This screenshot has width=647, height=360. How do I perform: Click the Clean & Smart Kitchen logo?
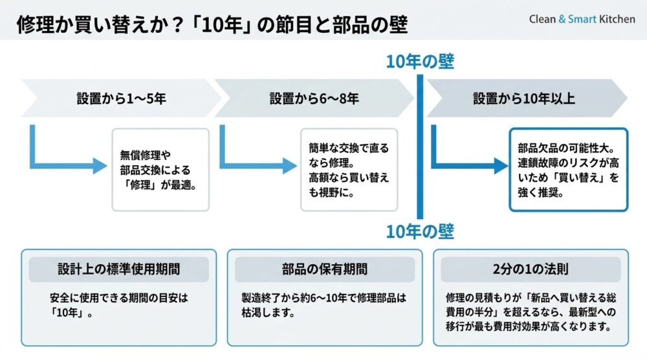582,19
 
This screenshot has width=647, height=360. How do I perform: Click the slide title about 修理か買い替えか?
212,25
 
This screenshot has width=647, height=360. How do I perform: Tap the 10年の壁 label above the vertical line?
420,62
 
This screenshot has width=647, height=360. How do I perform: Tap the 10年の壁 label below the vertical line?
420,232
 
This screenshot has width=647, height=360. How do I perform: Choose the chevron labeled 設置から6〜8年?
314,98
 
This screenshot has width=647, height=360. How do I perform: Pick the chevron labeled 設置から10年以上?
527,98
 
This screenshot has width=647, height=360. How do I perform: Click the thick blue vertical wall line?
420,146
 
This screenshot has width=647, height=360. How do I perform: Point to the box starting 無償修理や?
160,170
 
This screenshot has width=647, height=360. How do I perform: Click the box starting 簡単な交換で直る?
349,170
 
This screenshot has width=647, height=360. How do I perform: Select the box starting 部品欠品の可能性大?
569,170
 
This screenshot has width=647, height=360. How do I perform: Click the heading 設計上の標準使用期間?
119,269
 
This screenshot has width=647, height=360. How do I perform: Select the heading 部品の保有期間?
325,269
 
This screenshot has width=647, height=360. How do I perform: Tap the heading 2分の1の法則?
531,269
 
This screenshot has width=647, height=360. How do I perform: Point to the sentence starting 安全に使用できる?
119,305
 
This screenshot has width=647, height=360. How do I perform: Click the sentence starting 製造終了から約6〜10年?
324,305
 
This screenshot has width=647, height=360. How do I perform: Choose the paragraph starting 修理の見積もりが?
531,312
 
